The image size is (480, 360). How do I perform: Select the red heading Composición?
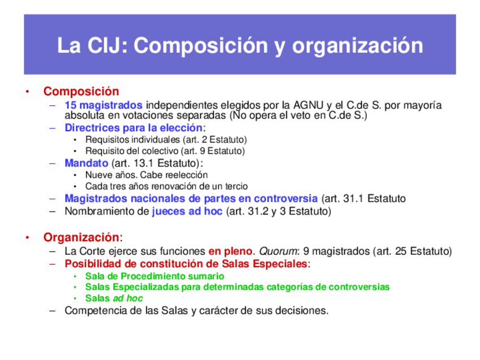point(82,91)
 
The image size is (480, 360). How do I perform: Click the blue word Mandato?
point(86,163)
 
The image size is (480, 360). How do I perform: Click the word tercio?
point(235,186)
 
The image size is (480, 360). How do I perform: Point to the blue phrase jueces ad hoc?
point(187,212)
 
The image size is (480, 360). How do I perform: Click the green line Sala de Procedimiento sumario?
point(155,276)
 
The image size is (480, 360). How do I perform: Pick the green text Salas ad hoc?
point(114,298)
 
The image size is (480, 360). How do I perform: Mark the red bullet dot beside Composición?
point(26,92)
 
